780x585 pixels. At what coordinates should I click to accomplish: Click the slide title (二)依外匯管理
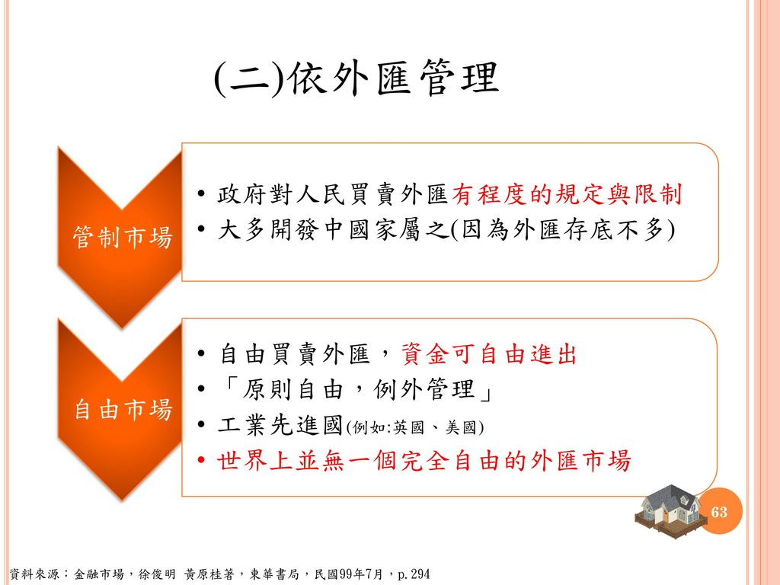click(x=356, y=78)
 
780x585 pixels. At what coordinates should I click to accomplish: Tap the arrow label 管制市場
click(x=123, y=237)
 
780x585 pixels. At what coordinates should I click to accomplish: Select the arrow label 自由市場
click(x=123, y=410)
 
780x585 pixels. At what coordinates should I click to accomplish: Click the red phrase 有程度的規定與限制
click(x=567, y=194)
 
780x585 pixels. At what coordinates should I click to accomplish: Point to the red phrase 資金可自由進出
click(x=489, y=355)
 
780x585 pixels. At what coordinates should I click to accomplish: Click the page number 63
click(x=719, y=512)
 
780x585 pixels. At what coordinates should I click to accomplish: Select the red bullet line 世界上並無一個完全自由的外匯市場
click(x=424, y=460)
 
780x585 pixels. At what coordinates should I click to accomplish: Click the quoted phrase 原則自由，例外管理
click(x=356, y=389)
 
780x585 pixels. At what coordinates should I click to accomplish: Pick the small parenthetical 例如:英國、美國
click(x=415, y=427)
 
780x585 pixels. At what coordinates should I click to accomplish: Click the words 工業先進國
click(x=280, y=425)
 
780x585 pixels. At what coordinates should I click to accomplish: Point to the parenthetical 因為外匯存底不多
click(x=563, y=230)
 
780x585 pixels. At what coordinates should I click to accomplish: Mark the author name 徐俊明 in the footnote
click(x=157, y=574)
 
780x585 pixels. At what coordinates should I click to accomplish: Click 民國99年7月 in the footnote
click(x=349, y=574)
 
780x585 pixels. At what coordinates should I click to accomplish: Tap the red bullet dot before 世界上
click(x=201, y=460)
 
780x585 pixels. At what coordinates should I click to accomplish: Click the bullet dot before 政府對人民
click(x=201, y=194)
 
